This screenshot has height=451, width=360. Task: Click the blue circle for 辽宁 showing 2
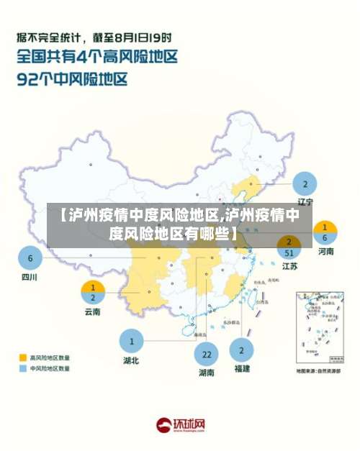tap(305, 183)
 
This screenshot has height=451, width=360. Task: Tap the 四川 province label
tap(30, 277)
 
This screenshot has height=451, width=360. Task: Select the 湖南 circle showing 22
tap(207, 355)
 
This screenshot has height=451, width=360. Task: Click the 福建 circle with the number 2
tap(241, 350)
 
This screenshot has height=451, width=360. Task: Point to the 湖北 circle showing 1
tap(131, 341)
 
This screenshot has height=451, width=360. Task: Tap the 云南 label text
tap(92, 312)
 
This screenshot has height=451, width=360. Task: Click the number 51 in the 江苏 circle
tap(289, 252)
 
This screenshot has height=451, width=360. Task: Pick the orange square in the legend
tap(22, 357)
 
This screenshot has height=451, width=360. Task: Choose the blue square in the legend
tap(22, 368)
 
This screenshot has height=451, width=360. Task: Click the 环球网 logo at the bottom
tap(181, 426)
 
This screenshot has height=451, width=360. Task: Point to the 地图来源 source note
tap(318, 371)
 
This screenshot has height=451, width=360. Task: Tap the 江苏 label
tap(289, 267)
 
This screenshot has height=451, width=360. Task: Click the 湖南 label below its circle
tap(207, 373)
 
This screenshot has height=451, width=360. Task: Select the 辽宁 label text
tap(305, 201)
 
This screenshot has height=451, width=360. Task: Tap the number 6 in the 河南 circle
tap(325, 237)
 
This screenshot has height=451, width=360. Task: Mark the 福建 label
tap(241, 368)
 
